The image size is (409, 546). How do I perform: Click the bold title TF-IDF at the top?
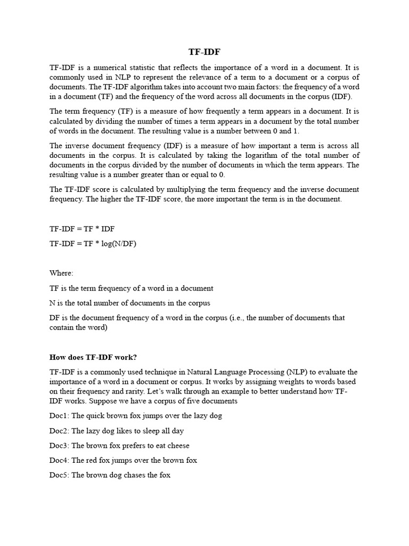click(x=204, y=52)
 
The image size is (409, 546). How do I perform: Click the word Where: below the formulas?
click(x=61, y=273)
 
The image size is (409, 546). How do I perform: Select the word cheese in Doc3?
click(x=178, y=445)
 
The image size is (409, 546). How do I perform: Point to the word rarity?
click(x=107, y=391)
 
